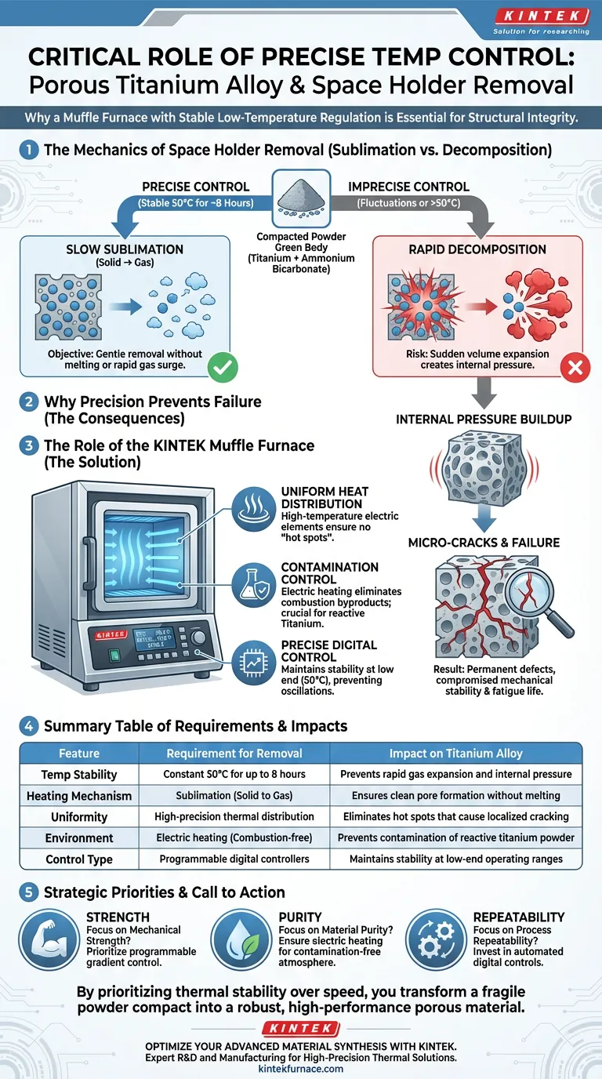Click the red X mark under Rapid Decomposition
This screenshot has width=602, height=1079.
(x=576, y=366)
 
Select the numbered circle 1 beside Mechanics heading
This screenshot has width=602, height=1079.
(x=29, y=150)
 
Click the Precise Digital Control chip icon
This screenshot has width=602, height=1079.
(x=254, y=663)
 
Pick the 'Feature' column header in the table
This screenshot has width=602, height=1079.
(x=79, y=753)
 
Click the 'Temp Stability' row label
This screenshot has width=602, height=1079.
(x=79, y=774)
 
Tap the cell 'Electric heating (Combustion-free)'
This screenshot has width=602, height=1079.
(x=234, y=837)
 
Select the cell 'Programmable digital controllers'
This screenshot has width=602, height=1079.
(x=234, y=859)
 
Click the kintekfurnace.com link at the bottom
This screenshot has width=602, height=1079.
(x=301, y=1068)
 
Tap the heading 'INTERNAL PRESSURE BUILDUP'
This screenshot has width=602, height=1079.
(x=484, y=419)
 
